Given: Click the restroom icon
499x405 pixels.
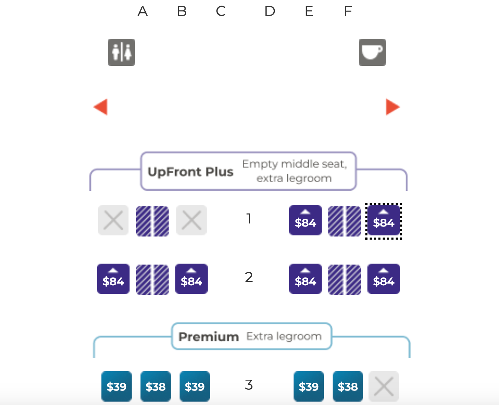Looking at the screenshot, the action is tap(121, 52).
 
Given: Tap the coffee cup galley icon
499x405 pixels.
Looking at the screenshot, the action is tap(372, 52).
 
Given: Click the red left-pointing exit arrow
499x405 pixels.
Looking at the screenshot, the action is tap(101, 107).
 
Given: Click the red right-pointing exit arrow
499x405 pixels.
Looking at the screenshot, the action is tap(393, 107).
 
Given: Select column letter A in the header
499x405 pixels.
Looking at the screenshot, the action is tap(143, 11).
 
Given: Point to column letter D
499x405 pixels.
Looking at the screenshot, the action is tap(270, 11).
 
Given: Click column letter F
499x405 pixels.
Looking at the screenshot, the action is tap(348, 11).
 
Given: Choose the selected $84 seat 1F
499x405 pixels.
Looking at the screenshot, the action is tap(384, 220).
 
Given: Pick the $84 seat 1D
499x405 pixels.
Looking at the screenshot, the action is tap(306, 220).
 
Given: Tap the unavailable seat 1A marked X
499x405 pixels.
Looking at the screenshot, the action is tap(113, 220).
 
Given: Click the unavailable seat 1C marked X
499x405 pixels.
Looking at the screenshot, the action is tap(191, 220).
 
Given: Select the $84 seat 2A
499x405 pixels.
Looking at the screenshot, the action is tap(113, 279).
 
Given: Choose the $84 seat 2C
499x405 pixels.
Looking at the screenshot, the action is tap(191, 279).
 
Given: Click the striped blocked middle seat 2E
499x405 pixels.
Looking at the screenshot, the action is tap(345, 280).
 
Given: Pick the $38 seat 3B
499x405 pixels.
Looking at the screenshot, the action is tap(155, 386).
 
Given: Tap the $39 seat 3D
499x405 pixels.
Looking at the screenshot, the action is tap(309, 386).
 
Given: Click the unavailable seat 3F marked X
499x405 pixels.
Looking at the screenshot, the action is tap(384, 386).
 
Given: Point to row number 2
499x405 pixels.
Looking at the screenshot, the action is tap(249, 277).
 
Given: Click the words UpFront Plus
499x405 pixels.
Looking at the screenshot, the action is tap(190, 172).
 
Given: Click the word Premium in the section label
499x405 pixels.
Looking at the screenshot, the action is tap(209, 337).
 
